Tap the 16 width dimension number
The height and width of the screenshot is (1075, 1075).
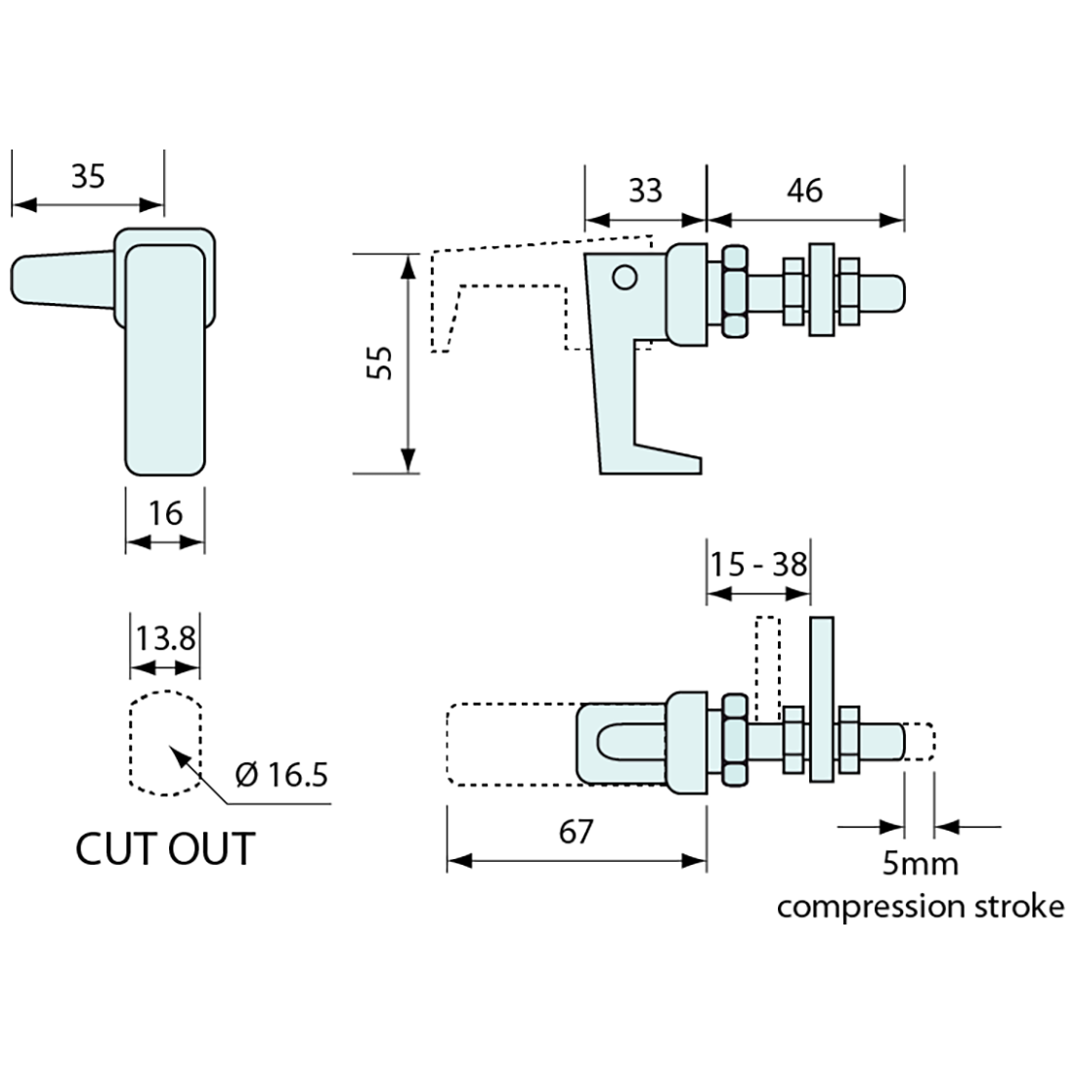pyautogui.click(x=166, y=512)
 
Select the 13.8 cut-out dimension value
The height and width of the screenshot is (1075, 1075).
pyautogui.click(x=165, y=639)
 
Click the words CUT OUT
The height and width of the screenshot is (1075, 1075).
pyautogui.click(x=165, y=847)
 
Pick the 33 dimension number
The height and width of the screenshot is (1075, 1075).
pyautogui.click(x=645, y=190)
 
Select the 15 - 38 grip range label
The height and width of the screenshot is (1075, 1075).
pyautogui.click(x=758, y=564)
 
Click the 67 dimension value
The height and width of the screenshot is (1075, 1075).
pyautogui.click(x=577, y=832)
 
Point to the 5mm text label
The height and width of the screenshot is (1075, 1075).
pyautogui.click(x=920, y=864)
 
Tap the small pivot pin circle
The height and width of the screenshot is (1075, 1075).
pyautogui.click(x=624, y=278)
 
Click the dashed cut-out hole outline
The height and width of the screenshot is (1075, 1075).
pyautogui.click(x=165, y=742)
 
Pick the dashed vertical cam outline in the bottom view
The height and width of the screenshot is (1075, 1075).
pyautogui.click(x=768, y=665)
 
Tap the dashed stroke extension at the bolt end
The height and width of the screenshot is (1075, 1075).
pyautogui.click(x=920, y=741)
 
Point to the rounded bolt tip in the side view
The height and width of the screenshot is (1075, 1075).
pyautogui.click(x=891, y=291)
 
